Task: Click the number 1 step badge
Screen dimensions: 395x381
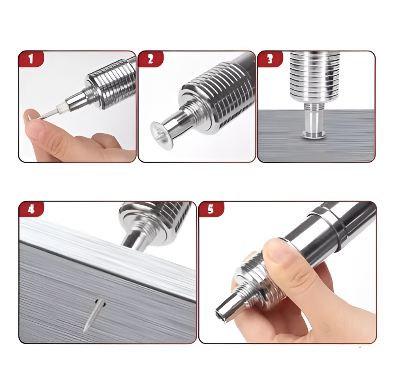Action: (31, 59)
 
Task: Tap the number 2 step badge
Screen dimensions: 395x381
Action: (150, 59)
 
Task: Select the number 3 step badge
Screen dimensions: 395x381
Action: (270, 59)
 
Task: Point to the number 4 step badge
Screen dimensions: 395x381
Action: (31, 209)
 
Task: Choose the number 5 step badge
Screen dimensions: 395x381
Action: (211, 209)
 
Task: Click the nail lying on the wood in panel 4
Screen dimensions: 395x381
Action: (93, 315)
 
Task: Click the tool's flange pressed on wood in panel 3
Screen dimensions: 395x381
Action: (313, 134)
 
